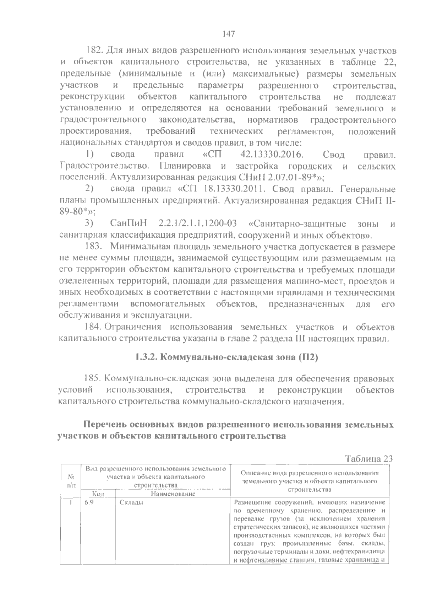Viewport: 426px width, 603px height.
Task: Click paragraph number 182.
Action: point(94,50)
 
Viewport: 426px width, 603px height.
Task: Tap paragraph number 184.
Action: point(93,327)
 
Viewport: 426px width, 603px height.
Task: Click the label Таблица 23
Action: point(369,458)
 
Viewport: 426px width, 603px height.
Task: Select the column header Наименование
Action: point(173,494)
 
